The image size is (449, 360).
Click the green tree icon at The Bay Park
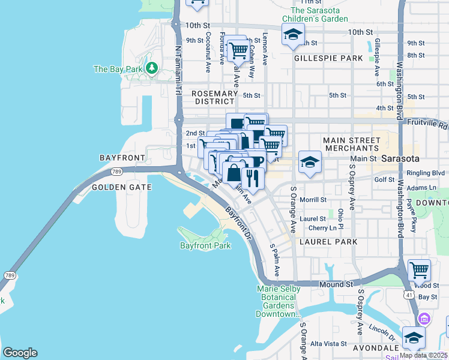pos(152,69)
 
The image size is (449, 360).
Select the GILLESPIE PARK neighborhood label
pos(328,58)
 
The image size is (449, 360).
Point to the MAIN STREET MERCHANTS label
pos(351,144)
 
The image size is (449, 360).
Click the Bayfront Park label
pos(205,246)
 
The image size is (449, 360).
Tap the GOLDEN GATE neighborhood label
pos(121,187)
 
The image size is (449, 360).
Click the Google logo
pos(20,353)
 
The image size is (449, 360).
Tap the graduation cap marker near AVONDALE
pos(414,337)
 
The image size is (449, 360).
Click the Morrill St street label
pos(313,200)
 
